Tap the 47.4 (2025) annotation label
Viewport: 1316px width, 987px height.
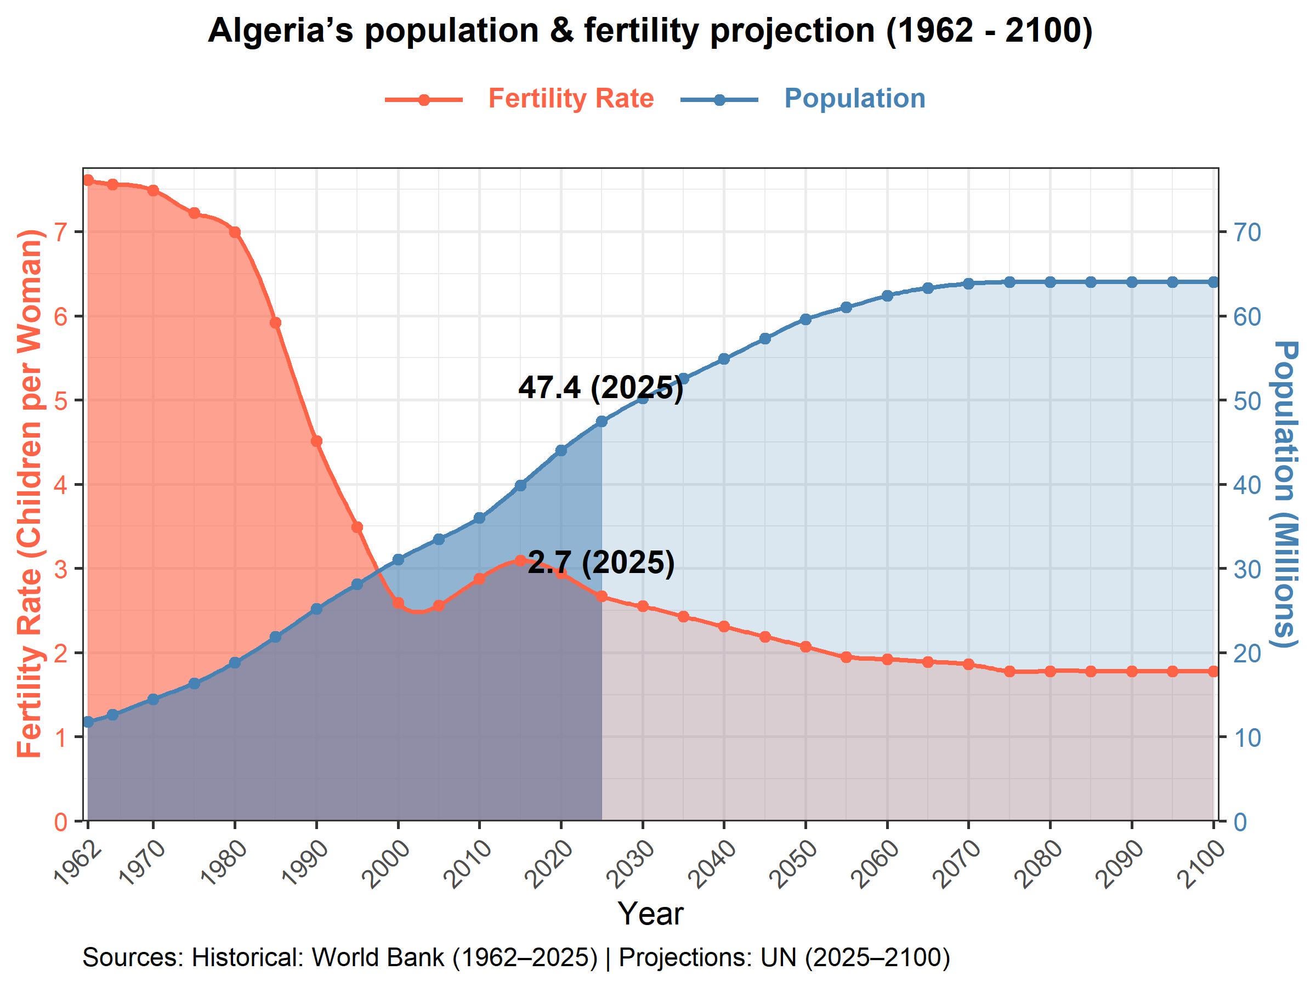pos(600,388)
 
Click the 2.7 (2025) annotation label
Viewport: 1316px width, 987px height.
pos(601,563)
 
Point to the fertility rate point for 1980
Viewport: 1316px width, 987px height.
pos(235,232)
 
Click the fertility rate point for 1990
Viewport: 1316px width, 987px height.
pos(316,441)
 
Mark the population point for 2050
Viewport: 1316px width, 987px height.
pos(806,320)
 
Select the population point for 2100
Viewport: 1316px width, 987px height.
pos(1213,282)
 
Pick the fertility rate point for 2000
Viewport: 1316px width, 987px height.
pos(399,603)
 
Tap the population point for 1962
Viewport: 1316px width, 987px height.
pos(88,722)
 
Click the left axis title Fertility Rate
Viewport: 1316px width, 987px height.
pos(30,494)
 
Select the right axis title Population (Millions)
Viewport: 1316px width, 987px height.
pos(1285,494)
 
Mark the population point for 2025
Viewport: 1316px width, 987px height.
pos(602,422)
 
